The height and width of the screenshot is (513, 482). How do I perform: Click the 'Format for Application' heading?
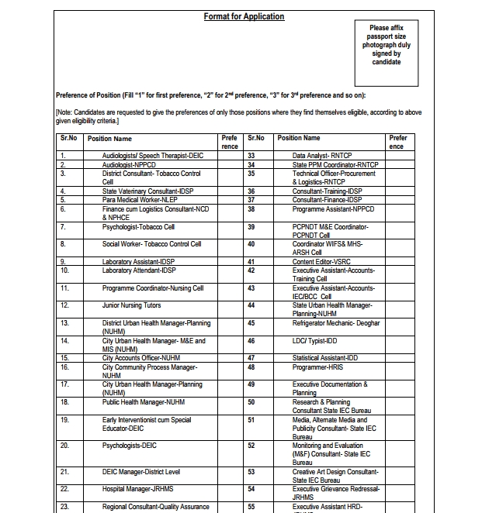pyautogui.click(x=244, y=16)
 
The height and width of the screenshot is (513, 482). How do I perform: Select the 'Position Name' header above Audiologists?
pyautogui.click(x=109, y=139)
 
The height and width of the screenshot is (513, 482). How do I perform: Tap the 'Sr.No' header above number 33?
pyautogui.click(x=255, y=138)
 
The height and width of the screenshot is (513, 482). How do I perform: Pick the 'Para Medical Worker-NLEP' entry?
pyautogui.click(x=139, y=199)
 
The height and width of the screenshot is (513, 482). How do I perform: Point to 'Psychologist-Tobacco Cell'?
pyautogui.click(x=138, y=227)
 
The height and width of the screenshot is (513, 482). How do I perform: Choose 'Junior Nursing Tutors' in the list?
pyautogui.click(x=131, y=306)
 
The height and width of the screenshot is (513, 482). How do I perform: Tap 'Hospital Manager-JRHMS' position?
pyautogui.click(x=137, y=489)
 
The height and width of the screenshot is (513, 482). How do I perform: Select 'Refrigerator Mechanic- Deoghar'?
pyautogui.click(x=336, y=323)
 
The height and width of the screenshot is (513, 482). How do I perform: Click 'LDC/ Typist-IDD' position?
pyautogui.click(x=316, y=340)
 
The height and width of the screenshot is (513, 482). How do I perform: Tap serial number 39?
pyautogui.click(x=251, y=227)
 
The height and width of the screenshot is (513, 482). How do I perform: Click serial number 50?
pyautogui.click(x=251, y=402)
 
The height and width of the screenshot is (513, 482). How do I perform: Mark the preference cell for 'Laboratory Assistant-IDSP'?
pyautogui.click(x=229, y=262)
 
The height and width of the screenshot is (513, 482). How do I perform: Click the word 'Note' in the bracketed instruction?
pyautogui.click(x=67, y=112)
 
